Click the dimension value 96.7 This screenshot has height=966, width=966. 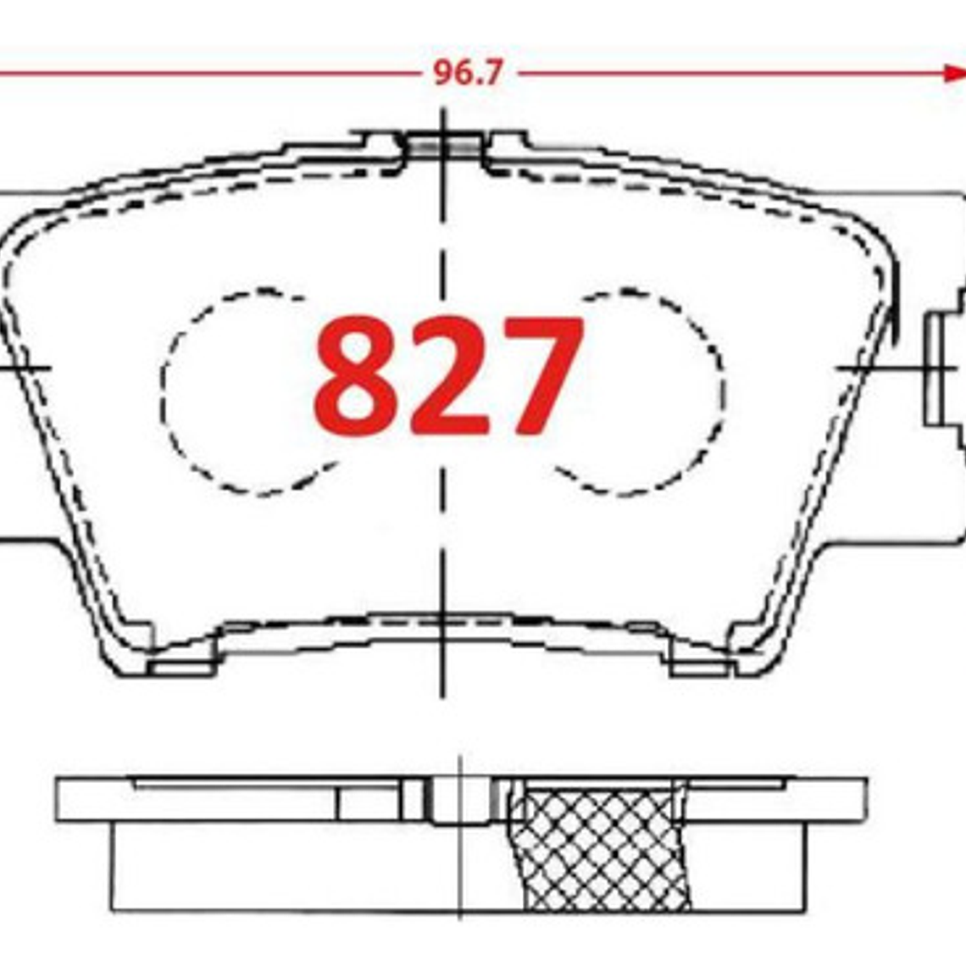click(468, 74)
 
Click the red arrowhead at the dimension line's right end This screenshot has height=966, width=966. click(954, 73)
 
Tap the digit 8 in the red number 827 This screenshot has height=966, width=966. click(355, 375)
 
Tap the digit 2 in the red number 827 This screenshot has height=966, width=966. click(448, 375)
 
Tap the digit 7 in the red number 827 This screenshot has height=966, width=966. click(537, 375)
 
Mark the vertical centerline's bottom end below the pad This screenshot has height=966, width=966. click(442, 691)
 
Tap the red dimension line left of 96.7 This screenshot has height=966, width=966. click(212, 74)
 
